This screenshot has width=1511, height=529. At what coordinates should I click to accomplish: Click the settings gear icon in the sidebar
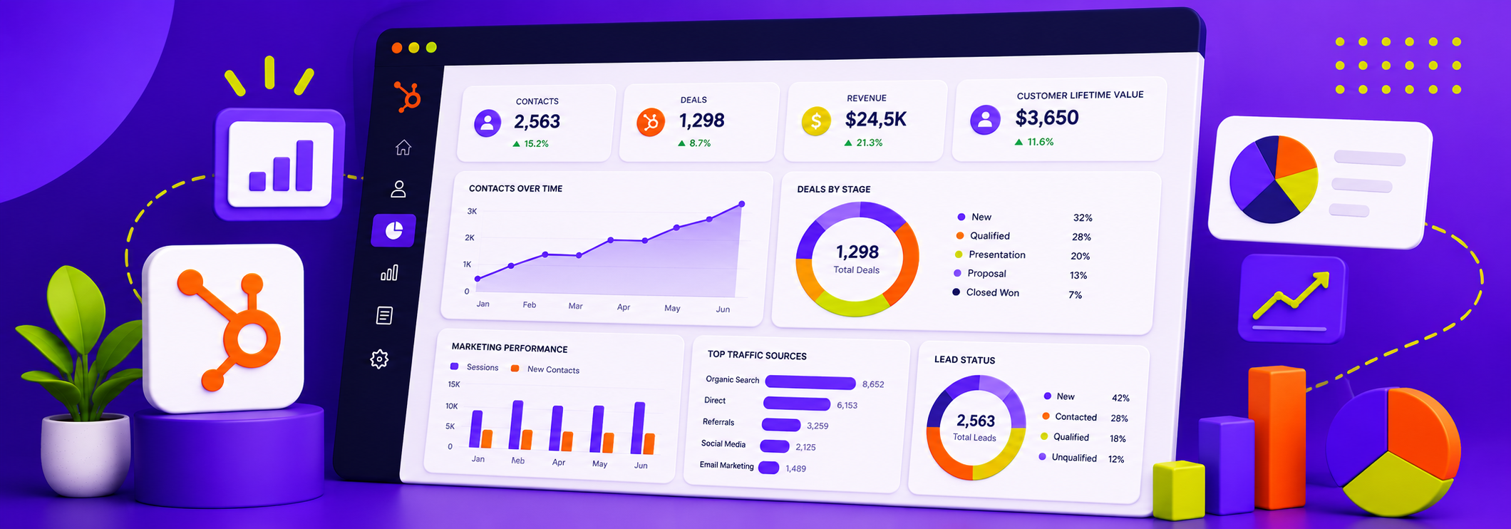click(x=379, y=359)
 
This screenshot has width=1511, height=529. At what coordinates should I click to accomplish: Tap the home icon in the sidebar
click(x=403, y=148)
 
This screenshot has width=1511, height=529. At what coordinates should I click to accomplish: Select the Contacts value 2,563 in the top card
click(x=537, y=122)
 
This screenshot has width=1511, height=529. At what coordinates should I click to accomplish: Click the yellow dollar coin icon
click(x=816, y=121)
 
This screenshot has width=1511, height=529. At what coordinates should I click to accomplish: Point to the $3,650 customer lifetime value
click(x=1047, y=118)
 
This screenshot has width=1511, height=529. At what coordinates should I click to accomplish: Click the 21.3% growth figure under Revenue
click(x=863, y=143)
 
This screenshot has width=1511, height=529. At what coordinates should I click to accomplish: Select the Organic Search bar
click(x=810, y=383)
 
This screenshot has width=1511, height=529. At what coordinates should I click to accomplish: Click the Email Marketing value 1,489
click(x=795, y=468)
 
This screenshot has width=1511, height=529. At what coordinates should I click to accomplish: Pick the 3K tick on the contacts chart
click(x=472, y=211)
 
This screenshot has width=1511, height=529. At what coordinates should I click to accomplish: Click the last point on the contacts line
click(x=742, y=204)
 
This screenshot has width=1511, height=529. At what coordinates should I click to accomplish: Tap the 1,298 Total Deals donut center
click(x=857, y=259)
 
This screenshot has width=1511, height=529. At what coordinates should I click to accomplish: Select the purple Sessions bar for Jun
click(x=638, y=428)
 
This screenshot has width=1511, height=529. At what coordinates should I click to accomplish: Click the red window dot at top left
click(x=397, y=48)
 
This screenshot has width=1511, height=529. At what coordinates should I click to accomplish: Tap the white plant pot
click(x=85, y=453)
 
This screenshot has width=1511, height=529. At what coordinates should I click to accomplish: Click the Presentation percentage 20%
click(x=1080, y=256)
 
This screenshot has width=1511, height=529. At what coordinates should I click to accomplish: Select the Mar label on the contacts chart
click(x=575, y=306)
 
